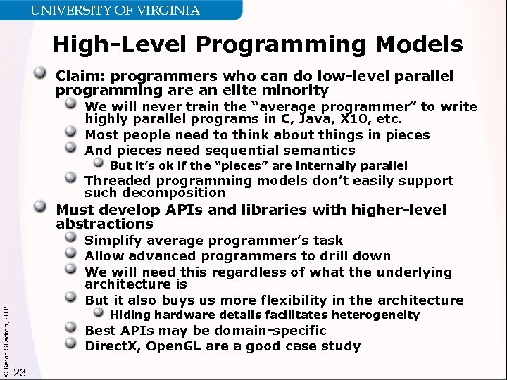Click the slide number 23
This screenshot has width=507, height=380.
19,372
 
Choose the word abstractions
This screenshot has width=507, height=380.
104,224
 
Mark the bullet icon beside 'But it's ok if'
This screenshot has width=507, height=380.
99,165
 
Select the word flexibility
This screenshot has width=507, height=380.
304,300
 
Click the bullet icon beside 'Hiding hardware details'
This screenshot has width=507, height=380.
99,315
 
